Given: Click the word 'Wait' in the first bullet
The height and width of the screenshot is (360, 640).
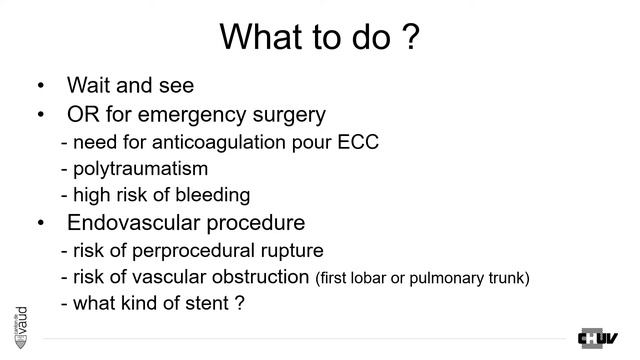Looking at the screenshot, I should coord(88,86).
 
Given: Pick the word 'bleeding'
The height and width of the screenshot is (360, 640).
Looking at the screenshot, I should coord(215,195).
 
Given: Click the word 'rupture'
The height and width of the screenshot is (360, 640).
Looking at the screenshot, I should coord(291,249).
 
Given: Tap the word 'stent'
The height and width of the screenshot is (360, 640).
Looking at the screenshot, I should coord(206,302).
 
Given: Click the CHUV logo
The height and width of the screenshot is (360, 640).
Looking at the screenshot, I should coord(598,338).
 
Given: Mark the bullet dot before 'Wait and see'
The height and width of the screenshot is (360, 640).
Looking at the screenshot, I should coord(40,87).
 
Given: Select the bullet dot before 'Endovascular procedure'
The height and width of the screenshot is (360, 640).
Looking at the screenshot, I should coord(40,223).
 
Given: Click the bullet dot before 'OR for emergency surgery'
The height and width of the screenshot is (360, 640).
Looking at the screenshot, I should coord(40,115).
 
